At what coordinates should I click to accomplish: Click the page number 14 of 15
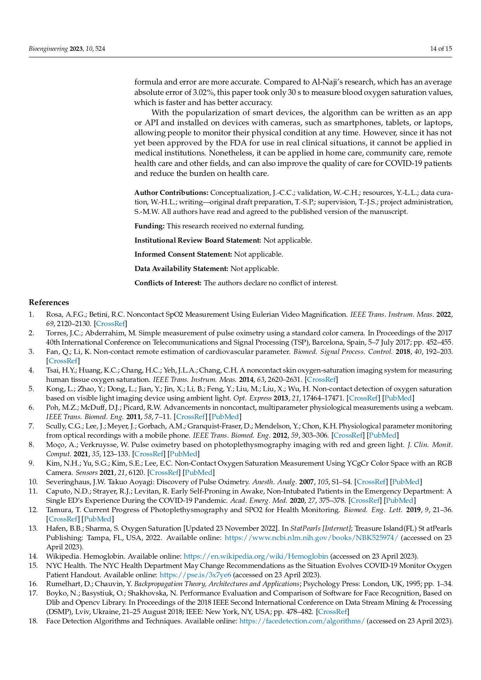(x=441, y=49)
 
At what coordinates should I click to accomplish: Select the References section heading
(x=49, y=302)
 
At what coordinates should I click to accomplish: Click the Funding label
(x=149, y=226)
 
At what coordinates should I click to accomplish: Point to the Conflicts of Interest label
(x=168, y=283)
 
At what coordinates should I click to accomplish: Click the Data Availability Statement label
(x=181, y=269)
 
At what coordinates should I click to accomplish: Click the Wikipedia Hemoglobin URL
(x=255, y=556)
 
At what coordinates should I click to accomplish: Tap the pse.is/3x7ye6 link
(x=195, y=575)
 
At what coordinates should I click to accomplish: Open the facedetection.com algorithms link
(x=302, y=621)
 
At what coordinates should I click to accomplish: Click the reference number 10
(x=33, y=482)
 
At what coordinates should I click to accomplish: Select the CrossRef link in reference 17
(x=333, y=612)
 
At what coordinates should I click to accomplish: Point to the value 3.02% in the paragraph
(x=204, y=93)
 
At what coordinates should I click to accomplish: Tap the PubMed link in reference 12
(x=98, y=519)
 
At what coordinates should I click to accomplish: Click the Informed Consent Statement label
(x=183, y=254)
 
